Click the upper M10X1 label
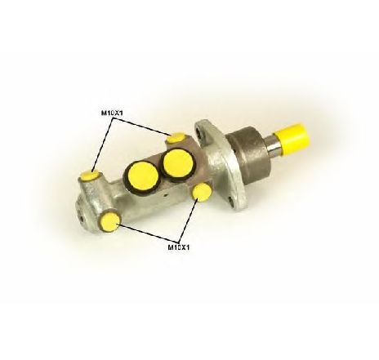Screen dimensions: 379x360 (x=112, y=113)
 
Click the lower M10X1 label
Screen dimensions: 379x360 (x=179, y=247)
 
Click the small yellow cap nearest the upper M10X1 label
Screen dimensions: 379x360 (x=89, y=176)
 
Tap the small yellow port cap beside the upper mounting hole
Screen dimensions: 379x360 (x=176, y=138)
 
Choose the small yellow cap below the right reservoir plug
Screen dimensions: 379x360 (x=202, y=193)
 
